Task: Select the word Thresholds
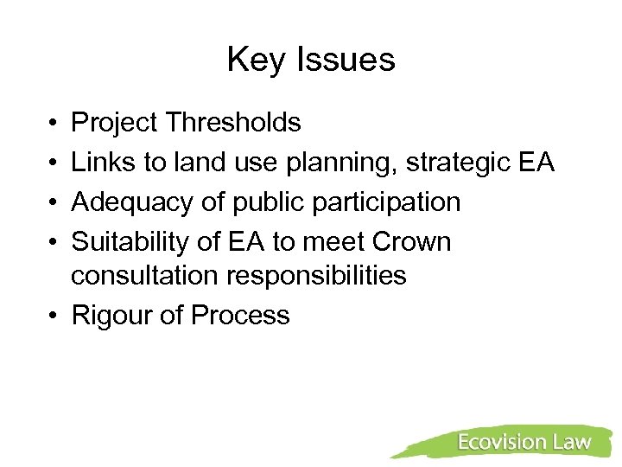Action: coord(234,124)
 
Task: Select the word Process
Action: coord(240,316)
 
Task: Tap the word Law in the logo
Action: coord(571,442)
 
